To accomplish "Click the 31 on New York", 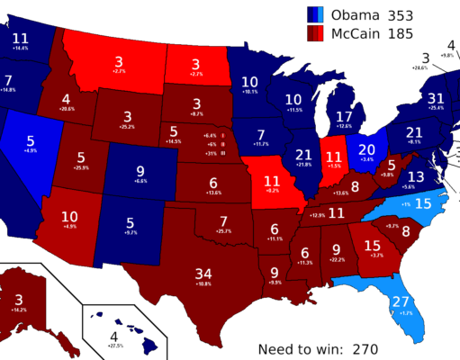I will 437,98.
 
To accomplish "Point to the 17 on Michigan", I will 344,117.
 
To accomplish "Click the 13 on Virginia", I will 415,176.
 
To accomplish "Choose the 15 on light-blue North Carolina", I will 421,204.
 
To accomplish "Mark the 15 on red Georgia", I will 372,245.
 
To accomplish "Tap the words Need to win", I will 299,348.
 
